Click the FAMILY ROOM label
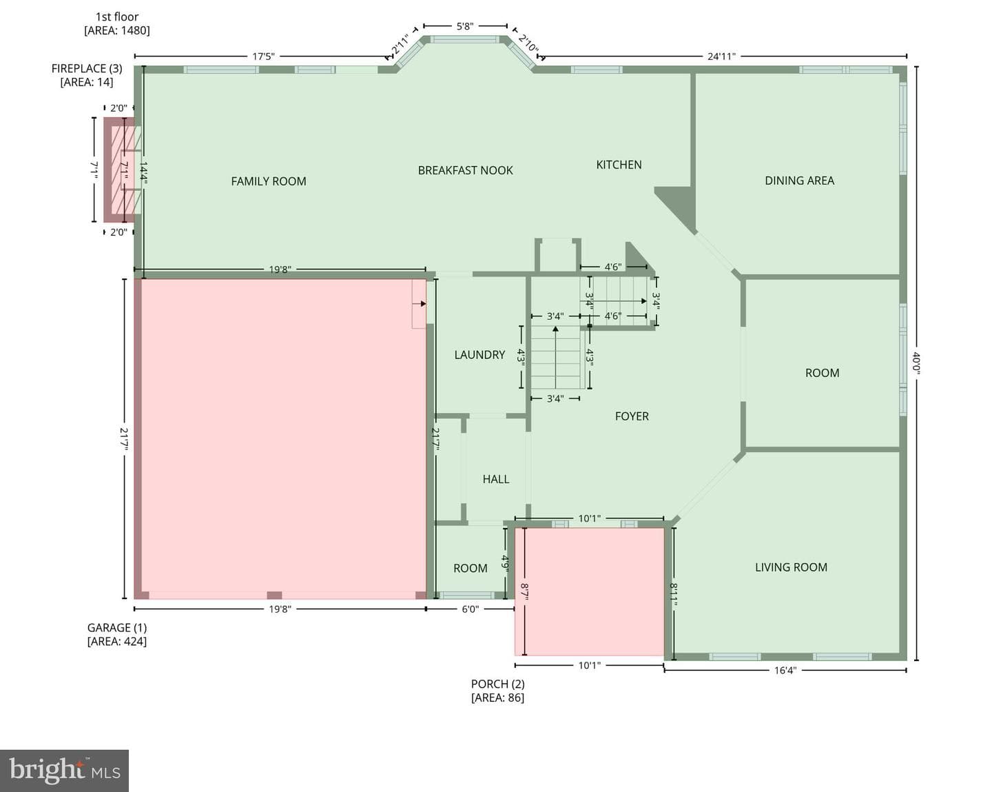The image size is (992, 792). (x=268, y=181)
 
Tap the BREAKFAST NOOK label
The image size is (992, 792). (x=465, y=170)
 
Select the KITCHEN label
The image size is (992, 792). (x=619, y=165)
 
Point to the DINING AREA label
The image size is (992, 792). (x=799, y=181)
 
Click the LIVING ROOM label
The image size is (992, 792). (x=791, y=567)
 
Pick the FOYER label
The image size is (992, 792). (x=632, y=416)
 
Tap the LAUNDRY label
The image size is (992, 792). (x=479, y=355)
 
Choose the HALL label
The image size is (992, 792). (x=495, y=479)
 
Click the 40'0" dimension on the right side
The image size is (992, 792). (x=916, y=363)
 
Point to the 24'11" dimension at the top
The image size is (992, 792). (x=721, y=57)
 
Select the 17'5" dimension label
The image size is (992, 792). (x=263, y=57)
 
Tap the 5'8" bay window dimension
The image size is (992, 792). (x=464, y=26)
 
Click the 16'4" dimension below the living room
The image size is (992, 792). (x=785, y=670)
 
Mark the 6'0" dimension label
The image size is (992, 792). (x=471, y=609)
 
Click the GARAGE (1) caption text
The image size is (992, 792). (x=117, y=628)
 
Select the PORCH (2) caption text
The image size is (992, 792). (x=498, y=684)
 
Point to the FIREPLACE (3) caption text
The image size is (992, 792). (x=87, y=69)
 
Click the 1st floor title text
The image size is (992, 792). (x=116, y=17)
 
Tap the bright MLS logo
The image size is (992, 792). (x=65, y=771)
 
